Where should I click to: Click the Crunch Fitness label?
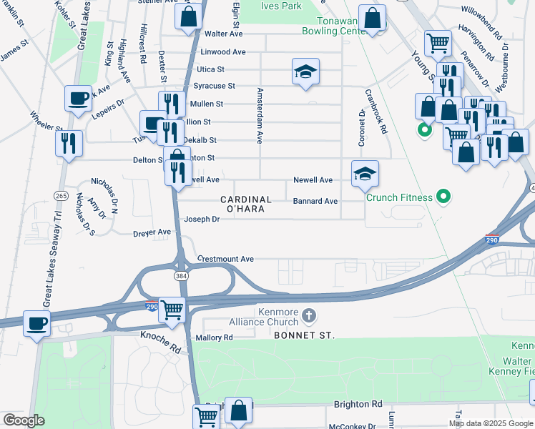(x=399, y=197)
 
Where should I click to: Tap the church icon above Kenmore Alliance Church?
(x=309, y=315)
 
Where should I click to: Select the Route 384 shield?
(x=182, y=274)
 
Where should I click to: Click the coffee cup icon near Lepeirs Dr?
(x=77, y=98)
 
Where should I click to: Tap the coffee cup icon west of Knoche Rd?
(x=36, y=323)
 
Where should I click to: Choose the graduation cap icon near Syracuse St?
(x=305, y=71)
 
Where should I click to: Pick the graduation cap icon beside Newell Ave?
(x=365, y=173)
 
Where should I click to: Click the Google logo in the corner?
(x=24, y=420)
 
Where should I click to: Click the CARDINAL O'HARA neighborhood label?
(x=245, y=204)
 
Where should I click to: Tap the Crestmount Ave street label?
(x=225, y=259)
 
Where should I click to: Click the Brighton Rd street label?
(x=358, y=404)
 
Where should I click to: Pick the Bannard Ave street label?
(x=315, y=202)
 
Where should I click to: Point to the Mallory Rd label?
(x=214, y=337)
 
